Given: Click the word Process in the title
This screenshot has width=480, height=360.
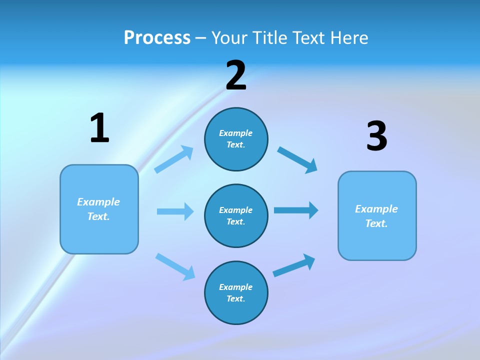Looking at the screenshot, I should tap(157, 38).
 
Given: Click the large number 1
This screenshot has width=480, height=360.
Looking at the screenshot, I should tap(99, 128).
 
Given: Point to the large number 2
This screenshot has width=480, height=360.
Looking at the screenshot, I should tap(236, 75).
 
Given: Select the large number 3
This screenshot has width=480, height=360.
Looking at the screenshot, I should tap(376, 136).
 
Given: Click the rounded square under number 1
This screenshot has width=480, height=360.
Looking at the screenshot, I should tap(99, 209).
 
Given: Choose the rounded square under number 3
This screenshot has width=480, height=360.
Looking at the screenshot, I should tap(377, 216).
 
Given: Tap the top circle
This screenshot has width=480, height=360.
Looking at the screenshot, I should tap(236, 139).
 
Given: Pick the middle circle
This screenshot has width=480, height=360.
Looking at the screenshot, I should tap(236, 216).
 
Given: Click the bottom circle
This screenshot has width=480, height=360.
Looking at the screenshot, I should tap(236, 293).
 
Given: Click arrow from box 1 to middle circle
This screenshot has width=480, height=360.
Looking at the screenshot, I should tap(175, 211).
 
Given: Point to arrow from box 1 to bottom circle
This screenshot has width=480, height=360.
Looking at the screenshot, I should tap(175, 266).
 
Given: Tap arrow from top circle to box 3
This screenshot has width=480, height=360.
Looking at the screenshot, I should tap(297, 159).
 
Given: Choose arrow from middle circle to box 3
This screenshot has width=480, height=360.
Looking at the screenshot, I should tap(296, 210).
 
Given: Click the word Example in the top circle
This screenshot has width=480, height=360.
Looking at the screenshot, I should tap(235, 133).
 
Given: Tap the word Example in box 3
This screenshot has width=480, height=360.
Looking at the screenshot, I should tap(376, 209).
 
